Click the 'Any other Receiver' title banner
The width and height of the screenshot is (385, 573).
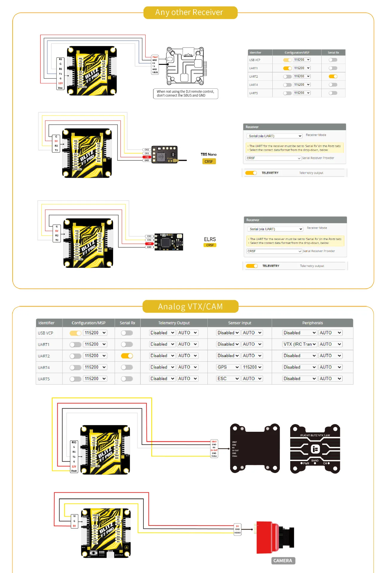pyautogui.click(x=190, y=13)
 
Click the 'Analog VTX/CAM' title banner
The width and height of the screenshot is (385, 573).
pyautogui.click(x=190, y=306)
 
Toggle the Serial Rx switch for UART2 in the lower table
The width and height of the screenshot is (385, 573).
pyautogui.click(x=127, y=356)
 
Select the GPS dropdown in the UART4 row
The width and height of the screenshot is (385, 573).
pyautogui.click(x=228, y=367)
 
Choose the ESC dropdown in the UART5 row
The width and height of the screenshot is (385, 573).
pyautogui.click(x=228, y=378)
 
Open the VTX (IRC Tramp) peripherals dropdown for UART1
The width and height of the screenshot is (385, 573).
pyautogui.click(x=299, y=344)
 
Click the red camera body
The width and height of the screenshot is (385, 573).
pyautogui.click(x=267, y=537)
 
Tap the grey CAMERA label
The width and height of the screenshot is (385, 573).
pyautogui.click(x=283, y=560)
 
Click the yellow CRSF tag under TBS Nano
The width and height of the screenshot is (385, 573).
pyautogui.click(x=209, y=162)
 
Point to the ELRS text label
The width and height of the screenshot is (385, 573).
pyautogui.click(x=210, y=239)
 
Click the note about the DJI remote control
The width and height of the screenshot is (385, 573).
pyautogui.click(x=185, y=93)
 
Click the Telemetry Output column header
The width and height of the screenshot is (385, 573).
pyautogui.click(x=174, y=323)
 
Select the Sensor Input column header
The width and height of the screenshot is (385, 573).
pyautogui.click(x=239, y=323)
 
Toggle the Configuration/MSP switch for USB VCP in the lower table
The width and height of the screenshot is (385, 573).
pyautogui.click(x=75, y=333)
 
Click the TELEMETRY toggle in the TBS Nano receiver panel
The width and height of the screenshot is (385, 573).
pyautogui.click(x=251, y=173)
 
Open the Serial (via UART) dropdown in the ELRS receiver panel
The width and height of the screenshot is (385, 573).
pyautogui.click(x=275, y=229)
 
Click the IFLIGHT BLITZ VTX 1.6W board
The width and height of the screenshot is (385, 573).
pyautogui.click(x=315, y=449)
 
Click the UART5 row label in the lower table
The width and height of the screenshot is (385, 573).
pyautogui.click(x=44, y=379)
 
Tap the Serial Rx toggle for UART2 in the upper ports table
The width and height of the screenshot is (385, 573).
pyautogui.click(x=333, y=76)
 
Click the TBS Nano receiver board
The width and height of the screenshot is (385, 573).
pyautogui.click(x=165, y=154)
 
